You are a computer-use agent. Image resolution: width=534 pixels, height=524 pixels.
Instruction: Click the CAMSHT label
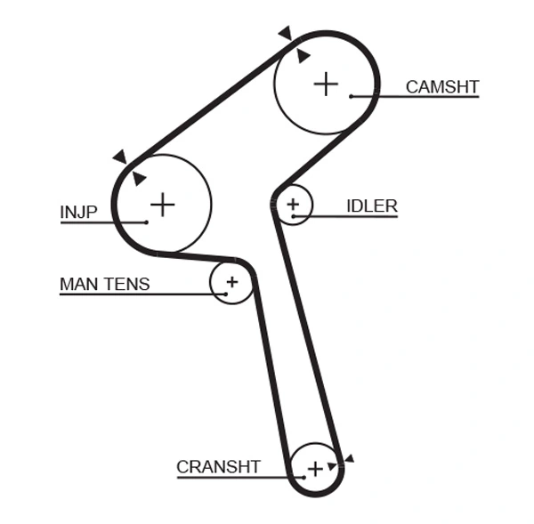click(442, 87)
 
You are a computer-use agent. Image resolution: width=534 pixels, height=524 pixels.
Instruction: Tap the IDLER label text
click(371, 206)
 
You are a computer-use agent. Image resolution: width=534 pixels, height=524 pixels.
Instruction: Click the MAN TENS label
click(104, 285)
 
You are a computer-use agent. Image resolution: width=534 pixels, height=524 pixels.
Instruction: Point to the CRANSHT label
click(218, 467)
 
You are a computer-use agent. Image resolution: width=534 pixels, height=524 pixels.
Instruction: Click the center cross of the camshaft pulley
click(327, 84)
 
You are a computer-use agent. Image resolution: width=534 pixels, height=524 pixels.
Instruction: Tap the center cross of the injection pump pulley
click(162, 205)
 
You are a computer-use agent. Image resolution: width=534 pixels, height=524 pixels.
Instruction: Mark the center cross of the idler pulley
click(294, 206)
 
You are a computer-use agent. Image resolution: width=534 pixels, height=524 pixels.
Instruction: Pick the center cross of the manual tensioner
click(231, 282)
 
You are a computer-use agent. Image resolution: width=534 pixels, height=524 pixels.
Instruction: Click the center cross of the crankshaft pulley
click(315, 468)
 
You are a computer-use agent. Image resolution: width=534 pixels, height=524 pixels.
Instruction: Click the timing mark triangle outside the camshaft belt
click(285, 33)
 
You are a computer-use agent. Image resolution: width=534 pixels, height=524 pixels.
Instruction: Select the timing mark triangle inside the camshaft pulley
click(303, 56)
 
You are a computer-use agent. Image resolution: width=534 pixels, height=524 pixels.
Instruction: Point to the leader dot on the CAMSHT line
click(352, 95)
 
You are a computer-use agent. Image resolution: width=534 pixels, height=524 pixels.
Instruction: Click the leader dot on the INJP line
click(146, 221)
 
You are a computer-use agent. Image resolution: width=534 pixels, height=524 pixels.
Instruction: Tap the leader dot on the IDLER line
click(293, 215)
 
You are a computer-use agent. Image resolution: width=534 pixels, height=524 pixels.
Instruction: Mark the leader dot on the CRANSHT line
click(303, 477)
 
